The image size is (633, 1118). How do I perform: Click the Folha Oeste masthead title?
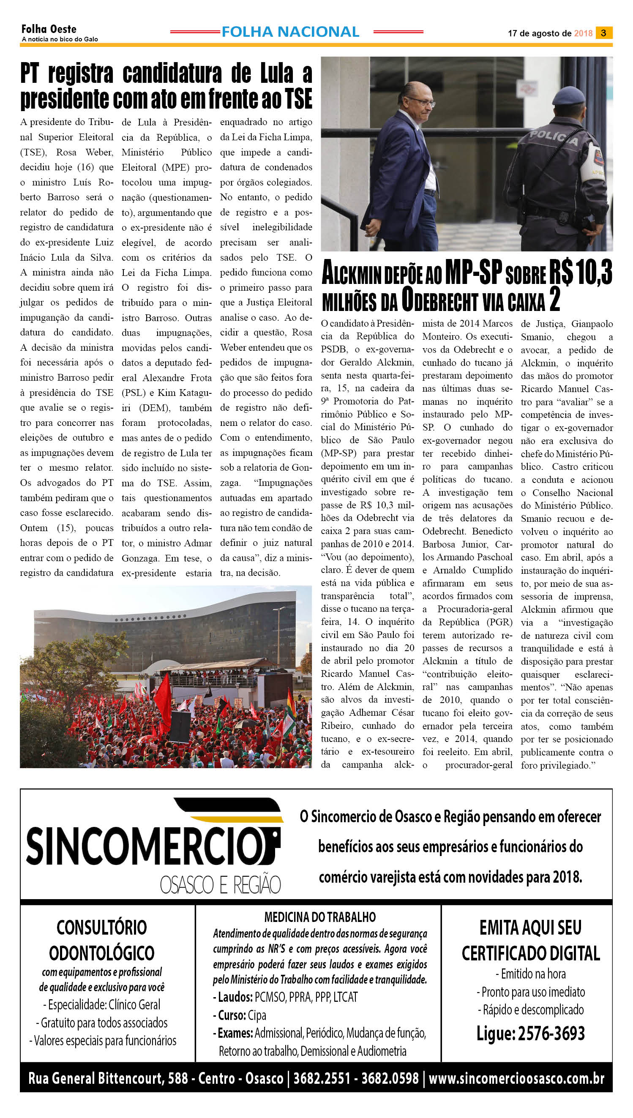pos(49,29)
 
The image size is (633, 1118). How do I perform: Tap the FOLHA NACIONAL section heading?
pos(290,32)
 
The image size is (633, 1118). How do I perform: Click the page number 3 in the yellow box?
pos(603,33)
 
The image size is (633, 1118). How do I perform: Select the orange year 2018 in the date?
pos(583,33)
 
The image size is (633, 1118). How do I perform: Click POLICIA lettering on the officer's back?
pos(553,138)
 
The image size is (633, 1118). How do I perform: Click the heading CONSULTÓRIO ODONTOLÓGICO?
pos(102,940)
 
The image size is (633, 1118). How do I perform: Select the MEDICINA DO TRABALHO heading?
pos(320,917)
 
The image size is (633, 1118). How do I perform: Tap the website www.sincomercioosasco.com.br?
pos(516,1078)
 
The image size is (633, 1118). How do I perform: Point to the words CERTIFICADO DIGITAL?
pos(530,954)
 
